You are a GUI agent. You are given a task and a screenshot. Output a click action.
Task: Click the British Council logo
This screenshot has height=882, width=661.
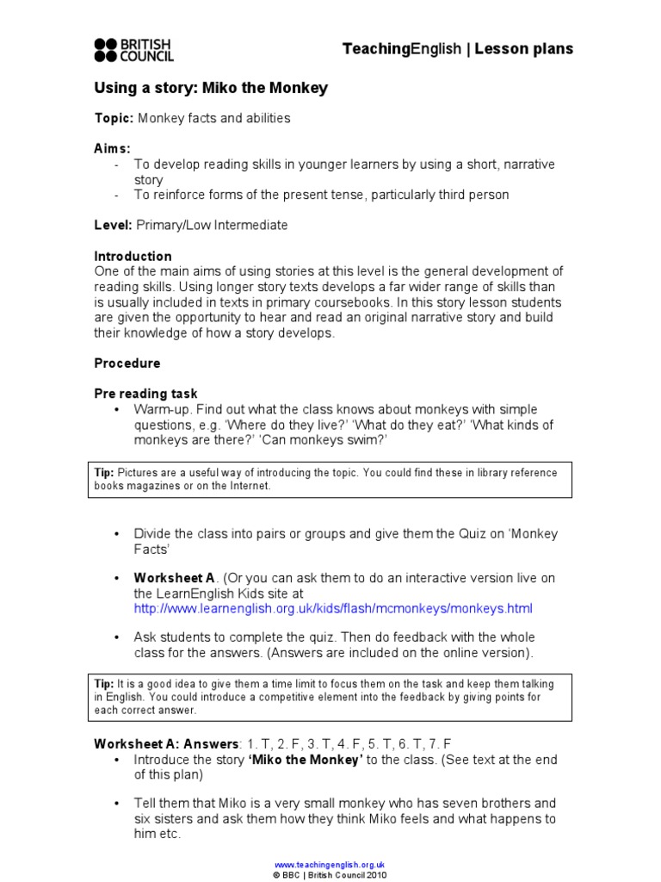tap(133, 50)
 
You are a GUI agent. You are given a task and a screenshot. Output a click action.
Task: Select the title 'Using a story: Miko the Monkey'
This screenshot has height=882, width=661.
tap(211, 89)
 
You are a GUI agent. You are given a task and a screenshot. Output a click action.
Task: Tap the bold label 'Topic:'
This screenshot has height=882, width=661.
tap(114, 118)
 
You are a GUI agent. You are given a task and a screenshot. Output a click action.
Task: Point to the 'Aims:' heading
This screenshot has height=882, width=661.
tap(112, 149)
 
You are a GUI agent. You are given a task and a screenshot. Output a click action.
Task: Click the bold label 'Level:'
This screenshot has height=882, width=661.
tap(113, 226)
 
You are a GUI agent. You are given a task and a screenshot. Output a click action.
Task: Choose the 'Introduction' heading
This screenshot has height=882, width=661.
tap(133, 256)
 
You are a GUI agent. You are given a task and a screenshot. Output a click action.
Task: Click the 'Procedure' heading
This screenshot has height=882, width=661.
tap(127, 363)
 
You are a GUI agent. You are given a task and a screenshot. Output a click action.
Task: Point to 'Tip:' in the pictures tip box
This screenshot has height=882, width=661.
tap(103, 473)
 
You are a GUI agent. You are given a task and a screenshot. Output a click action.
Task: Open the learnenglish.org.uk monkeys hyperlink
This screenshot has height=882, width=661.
tap(333, 608)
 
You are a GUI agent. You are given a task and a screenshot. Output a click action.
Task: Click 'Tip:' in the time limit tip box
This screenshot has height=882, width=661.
tap(103, 683)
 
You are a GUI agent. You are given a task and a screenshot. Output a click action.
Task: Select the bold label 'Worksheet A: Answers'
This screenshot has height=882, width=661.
tap(166, 743)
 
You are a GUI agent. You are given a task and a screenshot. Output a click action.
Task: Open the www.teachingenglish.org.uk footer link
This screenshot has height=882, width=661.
tap(330, 864)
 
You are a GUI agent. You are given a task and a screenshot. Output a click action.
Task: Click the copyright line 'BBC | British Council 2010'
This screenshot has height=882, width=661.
tap(334, 874)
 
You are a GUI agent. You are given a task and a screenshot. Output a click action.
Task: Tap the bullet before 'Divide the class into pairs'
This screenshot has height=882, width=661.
tap(116, 534)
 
